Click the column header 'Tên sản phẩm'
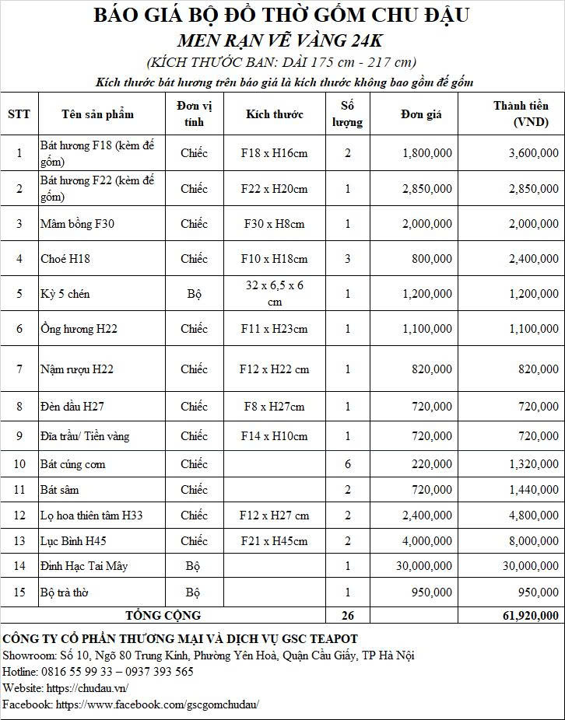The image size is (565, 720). pyautogui.click(x=97, y=114)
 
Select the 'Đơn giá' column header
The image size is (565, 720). pyautogui.click(x=421, y=114)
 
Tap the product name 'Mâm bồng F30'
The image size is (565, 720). pyautogui.click(x=77, y=224)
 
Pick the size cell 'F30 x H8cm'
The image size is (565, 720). pyautogui.click(x=274, y=224)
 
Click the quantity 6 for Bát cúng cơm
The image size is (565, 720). pyautogui.click(x=348, y=464)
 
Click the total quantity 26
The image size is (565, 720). pyautogui.click(x=348, y=616)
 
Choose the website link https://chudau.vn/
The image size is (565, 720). pyautogui.click(x=87, y=688)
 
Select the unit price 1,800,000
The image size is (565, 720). pyautogui.click(x=426, y=153)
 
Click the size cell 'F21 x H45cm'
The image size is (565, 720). pyautogui.click(x=274, y=541)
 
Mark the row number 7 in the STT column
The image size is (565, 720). pyautogui.click(x=19, y=369)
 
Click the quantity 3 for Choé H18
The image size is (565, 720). pyautogui.click(x=348, y=259)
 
